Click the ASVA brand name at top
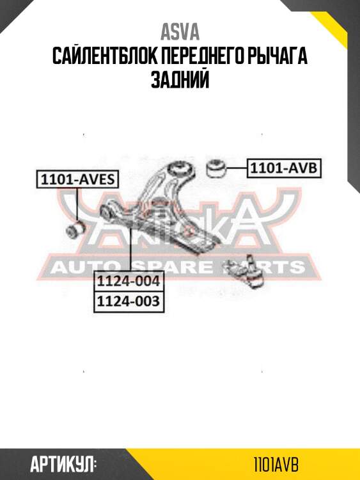point(180,32)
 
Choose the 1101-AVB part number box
point(285,168)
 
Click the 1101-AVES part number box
point(77,179)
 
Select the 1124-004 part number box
point(129,281)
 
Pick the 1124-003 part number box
point(129,301)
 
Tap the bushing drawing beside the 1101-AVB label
point(216,168)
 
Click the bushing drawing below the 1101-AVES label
point(75,231)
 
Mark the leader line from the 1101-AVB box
point(237,168)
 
